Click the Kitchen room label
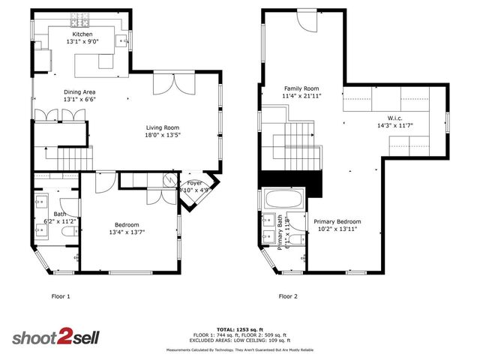tap(82, 34)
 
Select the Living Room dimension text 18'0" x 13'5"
tap(163, 136)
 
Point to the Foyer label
tap(194, 182)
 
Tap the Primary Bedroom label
tap(337, 221)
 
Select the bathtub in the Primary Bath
tap(283, 200)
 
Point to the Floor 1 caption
tap(60, 296)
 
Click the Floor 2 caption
tap(288, 296)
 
